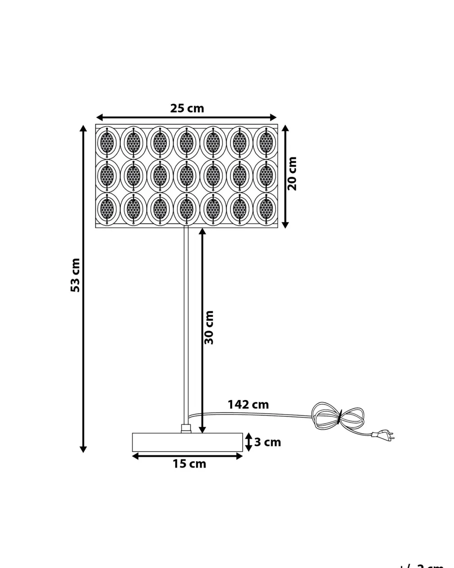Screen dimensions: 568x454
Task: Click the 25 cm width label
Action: [187, 109]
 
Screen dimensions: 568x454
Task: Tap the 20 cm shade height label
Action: [292, 173]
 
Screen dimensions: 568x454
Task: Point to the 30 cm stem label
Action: [209, 327]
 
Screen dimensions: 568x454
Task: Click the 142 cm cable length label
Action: [248, 404]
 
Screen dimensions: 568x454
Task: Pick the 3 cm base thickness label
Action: [267, 442]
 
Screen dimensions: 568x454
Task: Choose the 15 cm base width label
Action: [189, 464]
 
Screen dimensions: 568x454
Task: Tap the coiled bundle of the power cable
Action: [338, 417]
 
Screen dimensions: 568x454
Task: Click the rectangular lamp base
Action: [187, 442]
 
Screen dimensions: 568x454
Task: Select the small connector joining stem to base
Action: [186, 428]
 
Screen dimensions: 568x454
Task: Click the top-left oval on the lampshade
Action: [107, 143]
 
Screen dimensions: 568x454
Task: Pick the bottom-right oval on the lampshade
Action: [266, 209]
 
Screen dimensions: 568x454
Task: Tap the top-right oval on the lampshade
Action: [266, 143]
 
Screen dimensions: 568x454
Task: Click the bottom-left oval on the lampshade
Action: [107, 209]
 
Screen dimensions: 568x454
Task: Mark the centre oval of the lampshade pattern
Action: [187, 176]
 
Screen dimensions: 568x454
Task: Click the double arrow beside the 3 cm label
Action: [248, 442]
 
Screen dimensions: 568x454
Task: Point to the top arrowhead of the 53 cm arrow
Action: [83, 128]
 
